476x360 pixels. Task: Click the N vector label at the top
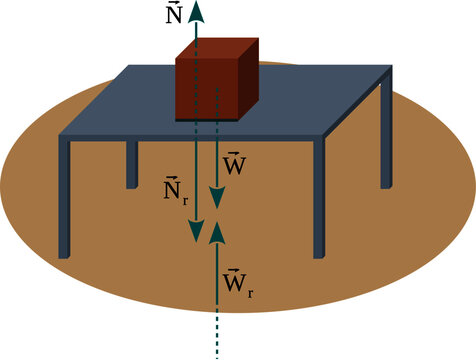174,15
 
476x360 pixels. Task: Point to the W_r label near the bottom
238,279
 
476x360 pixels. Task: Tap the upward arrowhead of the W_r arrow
217,233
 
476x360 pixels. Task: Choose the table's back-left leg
131,164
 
